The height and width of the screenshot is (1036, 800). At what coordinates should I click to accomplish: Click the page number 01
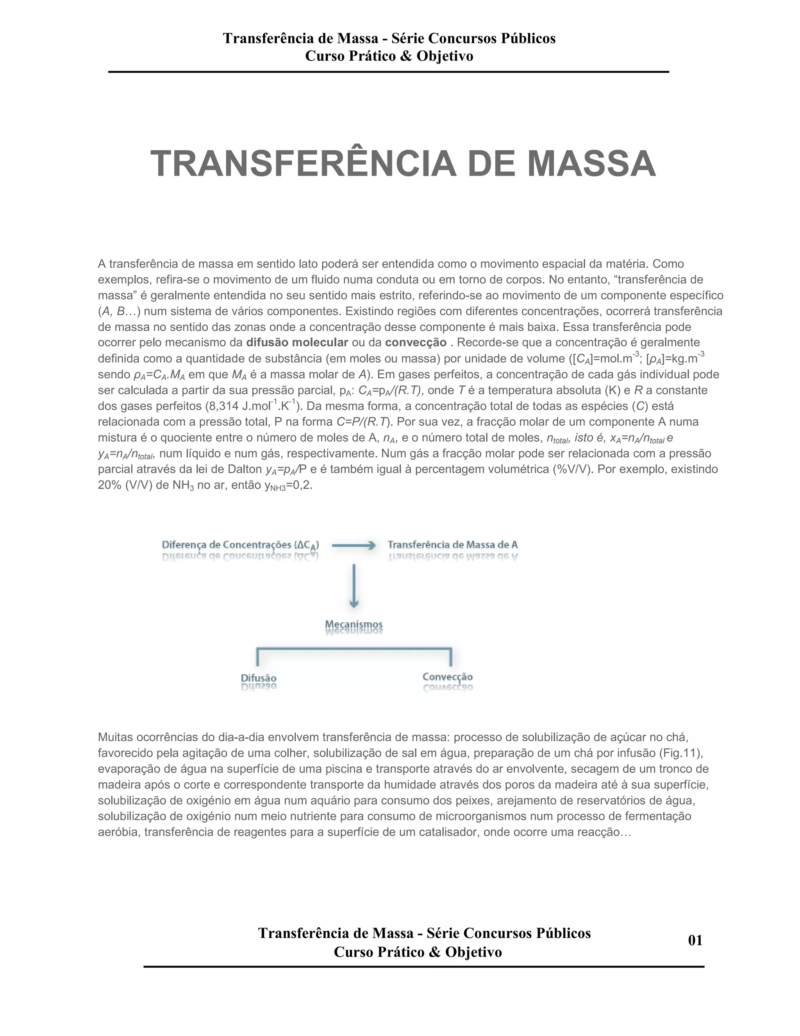[x=695, y=940]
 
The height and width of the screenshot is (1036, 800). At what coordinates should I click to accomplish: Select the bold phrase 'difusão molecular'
[x=297, y=342]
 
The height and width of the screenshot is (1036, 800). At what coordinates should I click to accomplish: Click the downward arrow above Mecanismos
[x=354, y=586]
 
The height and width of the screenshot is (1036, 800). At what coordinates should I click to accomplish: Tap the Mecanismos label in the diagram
[x=354, y=624]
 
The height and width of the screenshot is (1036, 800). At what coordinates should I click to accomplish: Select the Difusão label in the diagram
[x=258, y=678]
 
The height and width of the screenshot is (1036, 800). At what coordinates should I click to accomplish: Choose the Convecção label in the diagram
[x=447, y=677]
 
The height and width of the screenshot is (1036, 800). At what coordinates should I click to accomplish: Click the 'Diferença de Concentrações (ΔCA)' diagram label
[x=240, y=545]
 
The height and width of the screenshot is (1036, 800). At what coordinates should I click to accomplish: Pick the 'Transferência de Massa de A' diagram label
[x=453, y=545]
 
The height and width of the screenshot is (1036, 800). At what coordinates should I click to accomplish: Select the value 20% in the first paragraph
[x=110, y=485]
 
